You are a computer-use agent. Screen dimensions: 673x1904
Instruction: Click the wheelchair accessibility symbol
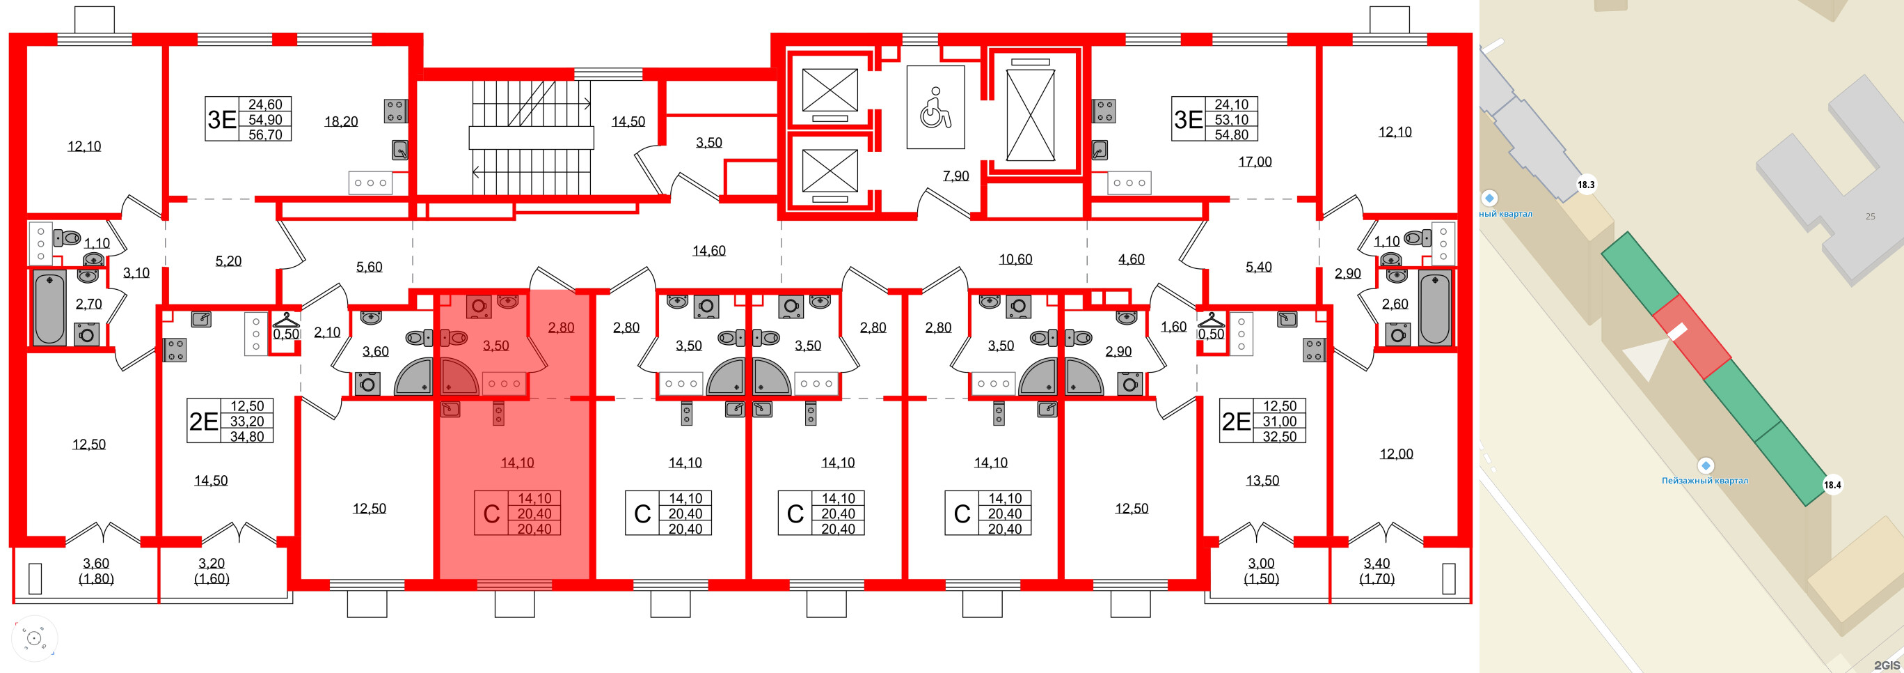(935, 108)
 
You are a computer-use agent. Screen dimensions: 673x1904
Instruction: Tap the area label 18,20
(341, 121)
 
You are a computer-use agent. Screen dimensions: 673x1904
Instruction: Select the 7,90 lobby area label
(955, 176)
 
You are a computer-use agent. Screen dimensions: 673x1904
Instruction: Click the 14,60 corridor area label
(708, 251)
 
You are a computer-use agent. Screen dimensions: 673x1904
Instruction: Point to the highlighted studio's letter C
(491, 514)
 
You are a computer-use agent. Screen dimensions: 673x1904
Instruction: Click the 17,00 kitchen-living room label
(1254, 161)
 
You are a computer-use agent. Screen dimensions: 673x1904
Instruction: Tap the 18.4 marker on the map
(1832, 485)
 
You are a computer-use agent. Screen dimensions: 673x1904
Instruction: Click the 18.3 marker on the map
(1585, 185)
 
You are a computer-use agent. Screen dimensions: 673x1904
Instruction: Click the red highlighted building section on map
(1691, 337)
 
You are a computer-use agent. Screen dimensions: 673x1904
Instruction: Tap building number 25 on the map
(1870, 217)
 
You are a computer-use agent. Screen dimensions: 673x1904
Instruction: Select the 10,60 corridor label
(1015, 259)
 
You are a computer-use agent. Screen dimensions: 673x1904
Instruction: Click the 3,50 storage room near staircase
(708, 143)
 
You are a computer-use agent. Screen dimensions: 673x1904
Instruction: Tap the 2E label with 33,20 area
(203, 421)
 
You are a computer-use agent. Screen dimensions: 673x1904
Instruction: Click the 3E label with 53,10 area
(1189, 120)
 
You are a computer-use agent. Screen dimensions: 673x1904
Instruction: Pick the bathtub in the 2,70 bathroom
(49, 306)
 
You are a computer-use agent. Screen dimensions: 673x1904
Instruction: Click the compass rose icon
(34, 637)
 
